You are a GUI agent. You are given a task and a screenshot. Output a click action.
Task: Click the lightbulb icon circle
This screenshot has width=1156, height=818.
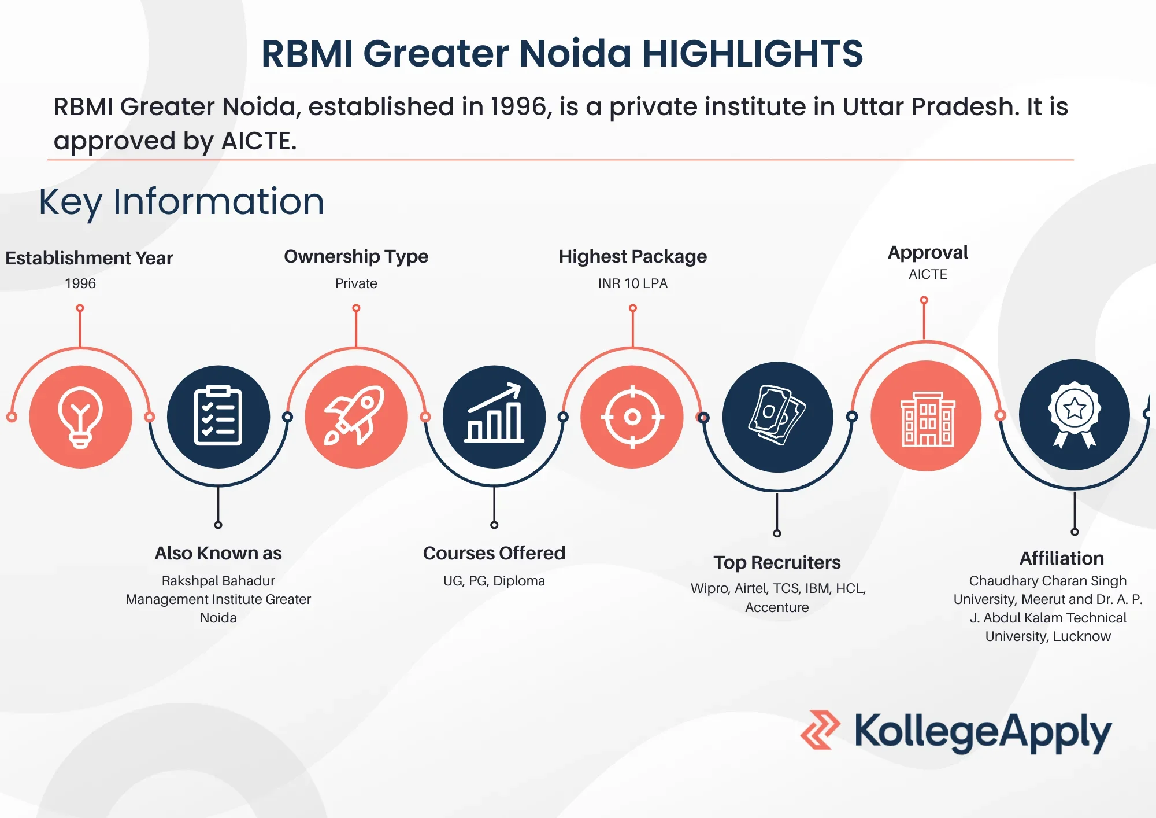80,417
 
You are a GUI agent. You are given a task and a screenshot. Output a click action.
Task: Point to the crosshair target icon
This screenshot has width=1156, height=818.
632,417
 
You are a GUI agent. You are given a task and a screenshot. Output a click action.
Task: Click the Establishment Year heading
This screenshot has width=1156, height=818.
90,258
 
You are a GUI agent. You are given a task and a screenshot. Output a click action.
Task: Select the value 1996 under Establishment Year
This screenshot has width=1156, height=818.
80,283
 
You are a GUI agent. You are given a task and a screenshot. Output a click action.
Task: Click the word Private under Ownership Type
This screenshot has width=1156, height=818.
356,283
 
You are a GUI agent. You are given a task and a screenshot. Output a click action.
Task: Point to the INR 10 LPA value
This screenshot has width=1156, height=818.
633,283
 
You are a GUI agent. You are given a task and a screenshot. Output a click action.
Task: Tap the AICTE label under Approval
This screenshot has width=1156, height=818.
928,274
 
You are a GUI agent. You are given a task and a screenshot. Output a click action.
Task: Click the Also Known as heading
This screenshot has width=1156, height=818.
218,553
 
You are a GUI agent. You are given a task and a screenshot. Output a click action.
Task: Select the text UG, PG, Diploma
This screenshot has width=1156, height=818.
494,581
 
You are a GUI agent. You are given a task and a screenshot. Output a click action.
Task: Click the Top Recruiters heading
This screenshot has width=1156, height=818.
777,562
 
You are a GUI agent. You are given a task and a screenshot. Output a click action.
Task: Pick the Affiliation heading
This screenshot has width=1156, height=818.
1062,558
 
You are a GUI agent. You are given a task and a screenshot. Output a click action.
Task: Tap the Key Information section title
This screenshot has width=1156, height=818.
181,202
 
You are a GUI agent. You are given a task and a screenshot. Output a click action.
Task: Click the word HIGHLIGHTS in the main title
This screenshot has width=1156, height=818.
753,53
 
